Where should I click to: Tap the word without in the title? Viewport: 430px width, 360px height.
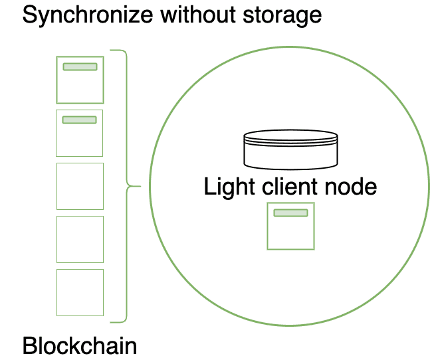click(193, 15)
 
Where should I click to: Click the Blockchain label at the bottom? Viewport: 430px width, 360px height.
click(80, 346)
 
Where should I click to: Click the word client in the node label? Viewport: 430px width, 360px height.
click(286, 187)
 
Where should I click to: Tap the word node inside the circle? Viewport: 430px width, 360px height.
click(350, 187)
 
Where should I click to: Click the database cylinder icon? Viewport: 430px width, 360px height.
click(290, 149)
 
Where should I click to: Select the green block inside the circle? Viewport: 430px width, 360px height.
click(290, 230)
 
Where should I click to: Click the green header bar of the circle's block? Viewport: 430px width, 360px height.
click(290, 213)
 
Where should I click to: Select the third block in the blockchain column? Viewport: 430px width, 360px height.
click(80, 186)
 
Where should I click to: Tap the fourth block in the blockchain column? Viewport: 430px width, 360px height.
click(80, 239)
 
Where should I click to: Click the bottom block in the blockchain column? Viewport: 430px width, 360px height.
click(80, 292)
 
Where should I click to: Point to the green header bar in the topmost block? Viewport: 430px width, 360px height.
click(80, 66)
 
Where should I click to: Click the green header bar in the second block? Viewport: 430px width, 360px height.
click(80, 120)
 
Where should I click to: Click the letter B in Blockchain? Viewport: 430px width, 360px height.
click(29, 346)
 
